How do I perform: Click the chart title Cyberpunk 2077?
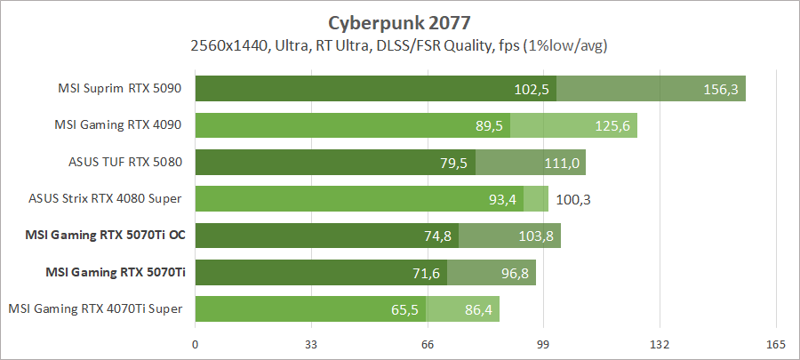(x=400, y=21)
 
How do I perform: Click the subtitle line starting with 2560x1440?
(x=400, y=44)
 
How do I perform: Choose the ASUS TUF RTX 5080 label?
(x=130, y=162)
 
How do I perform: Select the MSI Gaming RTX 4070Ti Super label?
(x=96, y=308)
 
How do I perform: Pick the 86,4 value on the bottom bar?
(x=477, y=309)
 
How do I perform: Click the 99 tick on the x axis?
(x=544, y=344)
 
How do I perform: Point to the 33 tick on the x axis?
(x=311, y=344)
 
